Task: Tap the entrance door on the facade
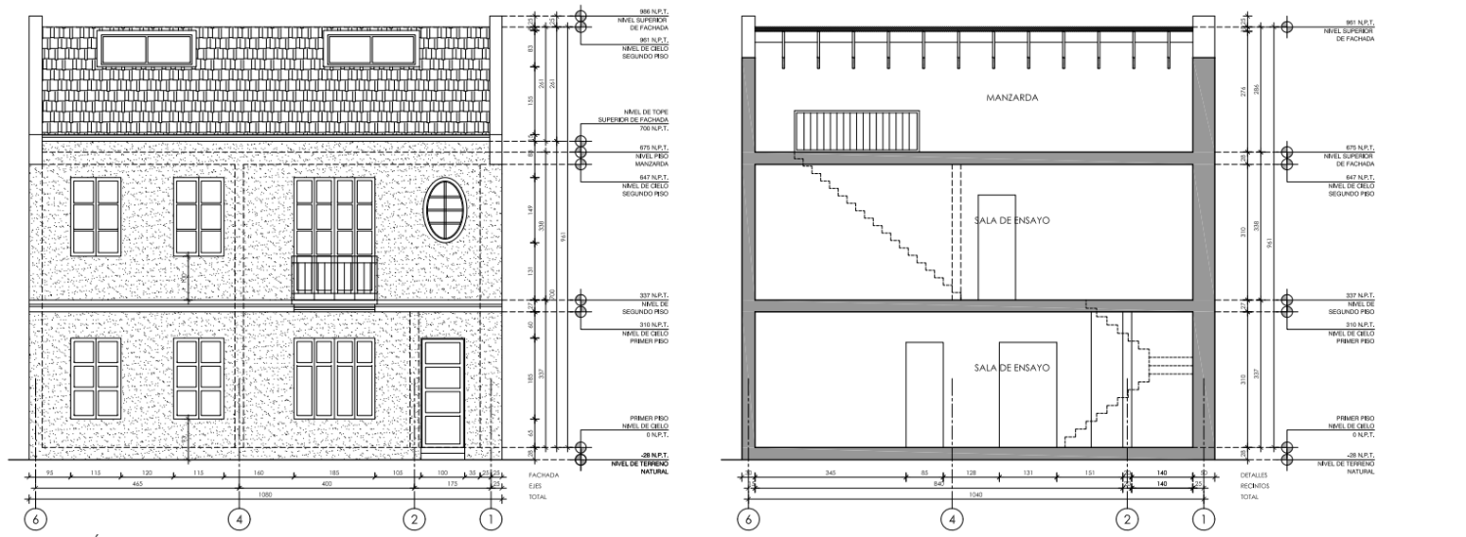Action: tap(442, 395)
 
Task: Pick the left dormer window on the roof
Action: tap(147, 48)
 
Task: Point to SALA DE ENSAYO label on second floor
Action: tap(1012, 220)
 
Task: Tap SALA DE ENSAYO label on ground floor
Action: tap(1012, 368)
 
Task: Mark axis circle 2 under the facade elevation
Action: tap(415, 518)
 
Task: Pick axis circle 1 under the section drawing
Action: tap(1204, 518)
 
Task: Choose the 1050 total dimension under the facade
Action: tap(263, 495)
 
